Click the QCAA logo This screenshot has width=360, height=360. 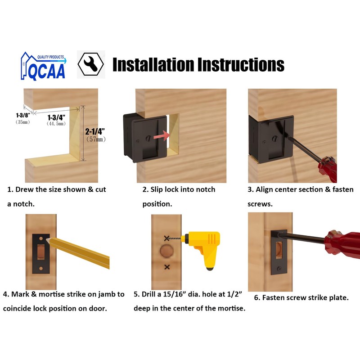pyautogui.click(x=43, y=66)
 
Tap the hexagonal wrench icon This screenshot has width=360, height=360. pyautogui.click(x=91, y=64)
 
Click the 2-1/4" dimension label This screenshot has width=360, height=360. pyautogui.click(x=95, y=132)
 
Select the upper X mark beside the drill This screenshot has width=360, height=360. pyautogui.click(x=167, y=238)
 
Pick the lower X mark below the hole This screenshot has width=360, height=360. pyautogui.click(x=167, y=267)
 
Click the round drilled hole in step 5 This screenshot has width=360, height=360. pyautogui.click(x=167, y=252)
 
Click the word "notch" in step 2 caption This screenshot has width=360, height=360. pyautogui.click(x=203, y=189)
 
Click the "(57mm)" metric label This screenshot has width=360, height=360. pyautogui.click(x=95, y=139)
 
